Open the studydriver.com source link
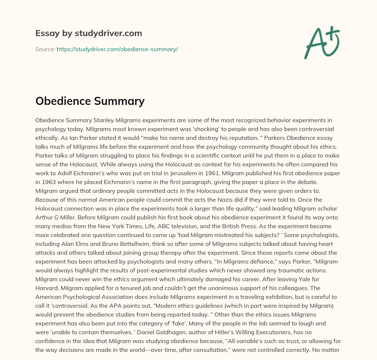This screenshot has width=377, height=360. (x=117, y=49)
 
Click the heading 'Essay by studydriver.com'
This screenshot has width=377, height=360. (x=89, y=33)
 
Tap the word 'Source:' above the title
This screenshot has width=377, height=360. (x=45, y=49)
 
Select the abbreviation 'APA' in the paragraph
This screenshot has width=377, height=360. (x=92, y=306)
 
